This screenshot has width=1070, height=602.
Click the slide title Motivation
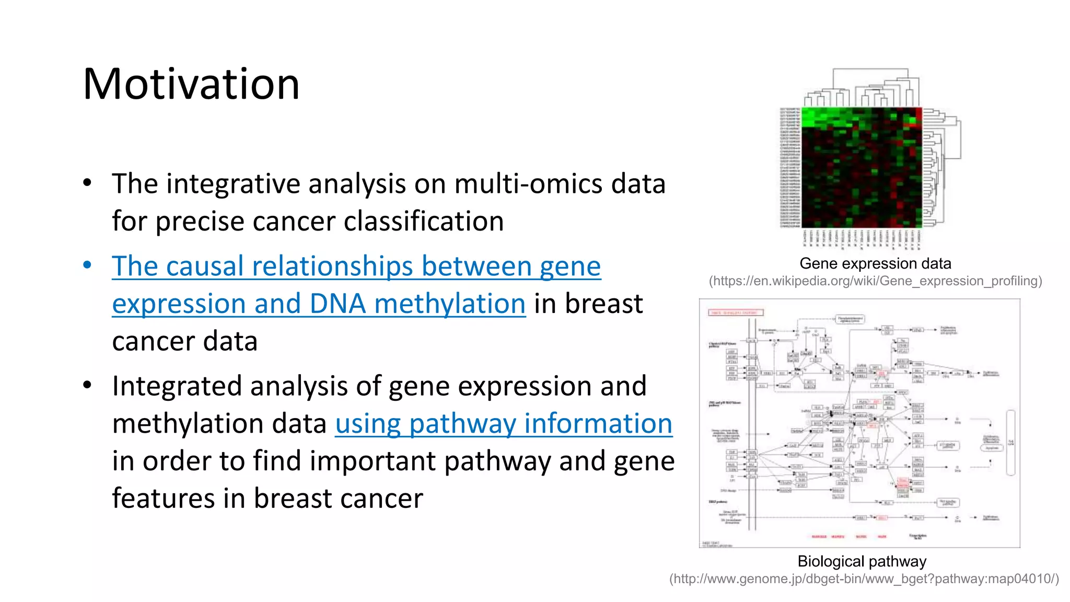pos(191,85)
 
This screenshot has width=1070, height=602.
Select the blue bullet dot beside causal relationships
pos(87,265)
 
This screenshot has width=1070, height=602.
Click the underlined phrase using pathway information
pos(503,424)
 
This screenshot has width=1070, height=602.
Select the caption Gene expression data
pos(875,263)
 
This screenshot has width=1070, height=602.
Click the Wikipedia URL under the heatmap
pos(875,281)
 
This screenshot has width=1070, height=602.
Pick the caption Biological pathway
pos(862,561)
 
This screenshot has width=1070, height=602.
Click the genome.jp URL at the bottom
pos(864,579)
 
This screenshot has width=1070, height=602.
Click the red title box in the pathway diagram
pos(736,312)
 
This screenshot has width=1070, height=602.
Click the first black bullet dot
pos(87,183)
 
